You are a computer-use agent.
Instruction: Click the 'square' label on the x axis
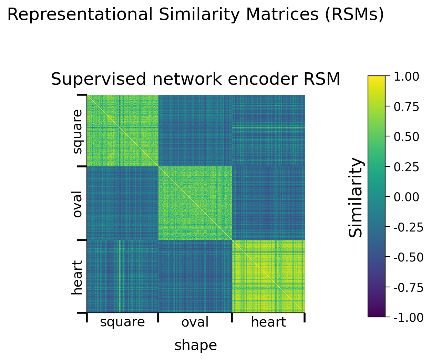pos(122,322)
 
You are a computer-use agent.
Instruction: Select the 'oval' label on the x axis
pos(195,322)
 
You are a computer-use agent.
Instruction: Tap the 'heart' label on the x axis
pos(268,322)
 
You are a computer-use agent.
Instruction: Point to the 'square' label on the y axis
pos(78,131)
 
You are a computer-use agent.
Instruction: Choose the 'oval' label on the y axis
pos(78,204)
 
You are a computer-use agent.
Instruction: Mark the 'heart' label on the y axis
pos(78,277)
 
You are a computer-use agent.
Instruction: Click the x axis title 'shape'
pos(196,345)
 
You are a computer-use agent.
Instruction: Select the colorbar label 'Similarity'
pos(356,197)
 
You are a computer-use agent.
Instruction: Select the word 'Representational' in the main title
pos(80,15)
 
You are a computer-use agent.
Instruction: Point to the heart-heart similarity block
pos(269,277)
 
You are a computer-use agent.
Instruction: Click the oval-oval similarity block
pos(195,203)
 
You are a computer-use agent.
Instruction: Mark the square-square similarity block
pos(122,131)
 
